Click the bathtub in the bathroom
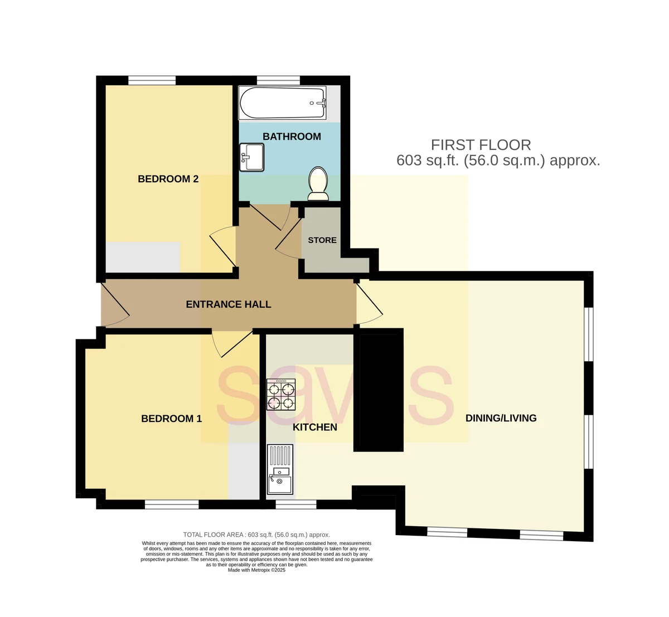click(282, 103)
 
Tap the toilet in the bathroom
click(318, 183)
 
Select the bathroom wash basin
click(251, 157)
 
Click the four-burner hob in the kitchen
click(281, 395)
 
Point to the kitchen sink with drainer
click(280, 469)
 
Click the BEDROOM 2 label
click(168, 179)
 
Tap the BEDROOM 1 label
click(172, 419)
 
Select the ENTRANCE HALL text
click(229, 304)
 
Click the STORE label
click(322, 240)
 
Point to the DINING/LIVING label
click(501, 418)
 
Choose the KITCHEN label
click(314, 427)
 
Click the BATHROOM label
click(292, 137)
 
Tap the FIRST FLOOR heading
click(481, 145)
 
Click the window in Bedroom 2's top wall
click(152, 80)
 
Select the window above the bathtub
click(278, 80)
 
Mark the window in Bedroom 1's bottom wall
click(172, 504)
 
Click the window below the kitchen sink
click(296, 504)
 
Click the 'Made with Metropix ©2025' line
click(256, 570)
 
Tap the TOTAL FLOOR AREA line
click(256, 535)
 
